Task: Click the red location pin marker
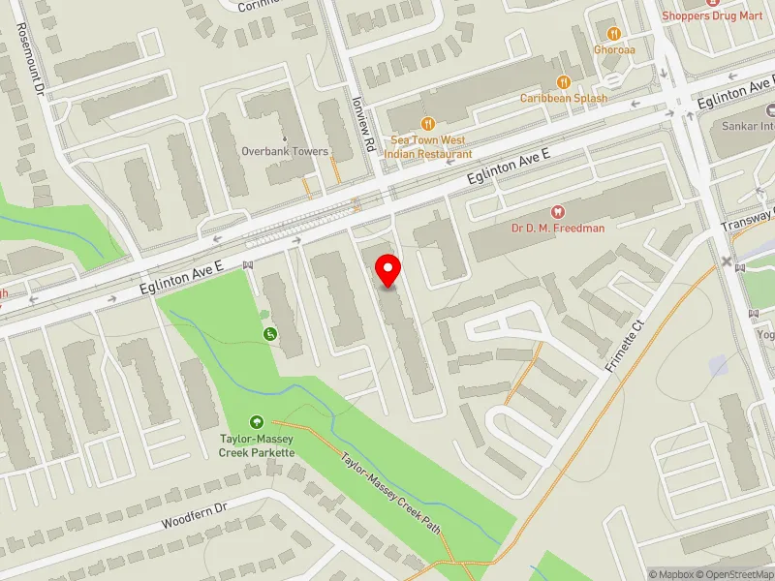click(388, 270)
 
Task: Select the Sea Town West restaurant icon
click(428, 124)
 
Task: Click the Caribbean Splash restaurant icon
click(563, 81)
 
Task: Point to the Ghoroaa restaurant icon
click(614, 33)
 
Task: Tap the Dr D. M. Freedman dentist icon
click(557, 211)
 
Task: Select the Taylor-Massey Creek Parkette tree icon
click(257, 421)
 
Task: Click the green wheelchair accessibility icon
click(269, 334)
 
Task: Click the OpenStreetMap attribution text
click(735, 574)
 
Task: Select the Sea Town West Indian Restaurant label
click(428, 147)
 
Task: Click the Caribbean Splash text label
click(563, 98)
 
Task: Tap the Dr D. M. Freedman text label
click(557, 228)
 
